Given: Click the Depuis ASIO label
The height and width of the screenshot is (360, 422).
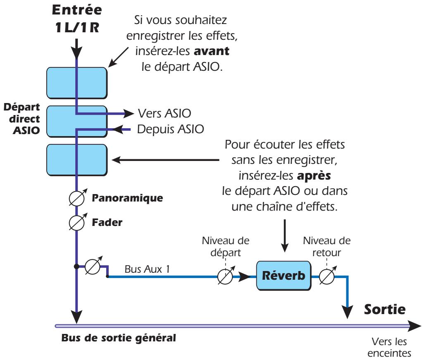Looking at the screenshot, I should pyautogui.click(x=170, y=129).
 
